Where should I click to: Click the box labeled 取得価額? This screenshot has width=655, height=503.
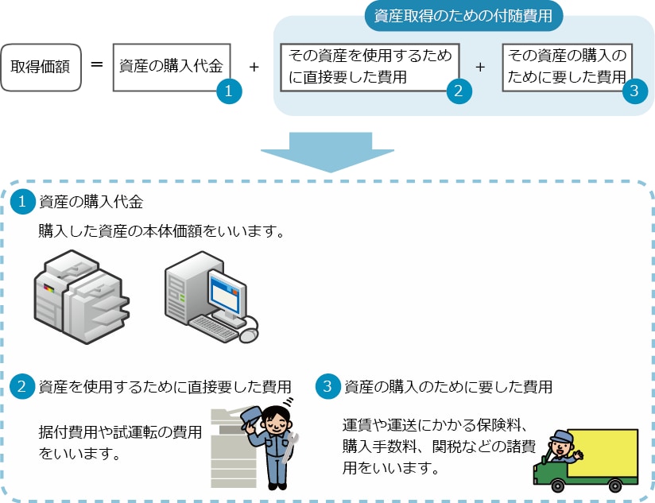coord(41,68)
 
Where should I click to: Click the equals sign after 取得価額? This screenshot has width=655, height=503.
coord(97,64)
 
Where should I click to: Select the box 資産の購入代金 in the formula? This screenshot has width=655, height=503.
coord(172,68)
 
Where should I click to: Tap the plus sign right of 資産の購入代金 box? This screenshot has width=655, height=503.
coord(254,67)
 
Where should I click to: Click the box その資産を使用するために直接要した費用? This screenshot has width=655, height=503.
coord(370,68)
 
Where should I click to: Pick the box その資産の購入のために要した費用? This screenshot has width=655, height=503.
coord(567,68)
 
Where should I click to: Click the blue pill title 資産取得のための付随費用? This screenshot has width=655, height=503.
coord(463,16)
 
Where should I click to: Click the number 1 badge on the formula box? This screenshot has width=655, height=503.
coord(229,91)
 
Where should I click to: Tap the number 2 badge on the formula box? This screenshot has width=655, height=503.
coord(459,91)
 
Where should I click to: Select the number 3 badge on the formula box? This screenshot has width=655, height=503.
coord(634,91)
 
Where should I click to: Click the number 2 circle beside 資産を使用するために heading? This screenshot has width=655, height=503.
coord(22,386)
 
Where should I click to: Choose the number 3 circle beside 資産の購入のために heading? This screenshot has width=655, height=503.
coord(328,386)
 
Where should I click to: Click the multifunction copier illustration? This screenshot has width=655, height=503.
coord(81,296)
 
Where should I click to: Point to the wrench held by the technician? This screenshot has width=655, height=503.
coord(290,447)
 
